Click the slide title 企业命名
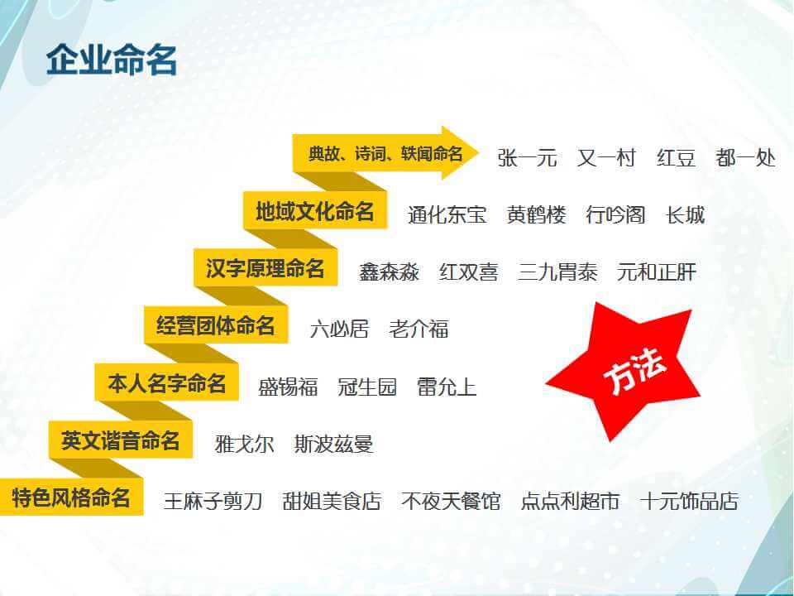(112, 60)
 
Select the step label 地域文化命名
(315, 211)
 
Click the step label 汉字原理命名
(265, 268)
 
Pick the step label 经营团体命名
(216, 325)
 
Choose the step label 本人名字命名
(166, 382)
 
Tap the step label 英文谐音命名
(121, 440)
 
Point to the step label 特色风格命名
(71, 497)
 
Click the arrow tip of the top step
(478, 152)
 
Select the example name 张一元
(527, 158)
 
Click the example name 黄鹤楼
(537, 215)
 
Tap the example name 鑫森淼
(389, 272)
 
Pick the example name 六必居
(339, 329)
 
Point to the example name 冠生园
(367, 387)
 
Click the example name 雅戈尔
(245, 445)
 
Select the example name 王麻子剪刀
(213, 502)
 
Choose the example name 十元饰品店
(690, 502)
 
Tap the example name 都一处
(745, 158)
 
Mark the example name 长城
(686, 215)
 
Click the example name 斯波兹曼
(334, 445)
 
